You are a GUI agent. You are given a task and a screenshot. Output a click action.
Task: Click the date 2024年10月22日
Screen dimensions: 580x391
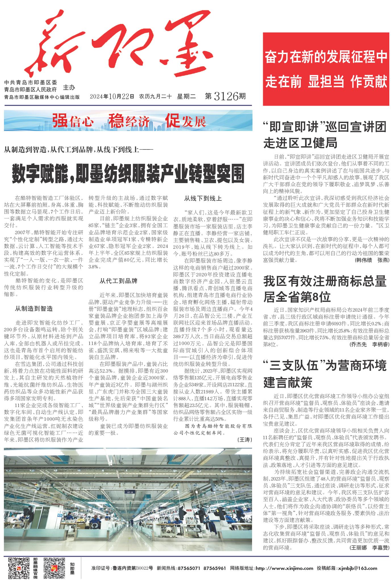coord(111,97)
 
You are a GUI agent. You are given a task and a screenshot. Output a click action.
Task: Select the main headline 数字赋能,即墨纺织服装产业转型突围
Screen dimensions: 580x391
coord(128,173)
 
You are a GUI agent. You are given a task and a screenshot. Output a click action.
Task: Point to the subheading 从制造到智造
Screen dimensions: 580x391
coord(34,308)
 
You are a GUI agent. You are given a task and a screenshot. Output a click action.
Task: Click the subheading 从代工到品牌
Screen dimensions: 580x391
coord(118,281)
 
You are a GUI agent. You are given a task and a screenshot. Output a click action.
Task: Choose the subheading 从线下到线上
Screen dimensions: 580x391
coord(203,198)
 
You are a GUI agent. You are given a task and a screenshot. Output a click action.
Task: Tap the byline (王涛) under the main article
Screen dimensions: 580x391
coord(244,440)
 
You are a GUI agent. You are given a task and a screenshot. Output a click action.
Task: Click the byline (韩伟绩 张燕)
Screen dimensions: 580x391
coord(372,260)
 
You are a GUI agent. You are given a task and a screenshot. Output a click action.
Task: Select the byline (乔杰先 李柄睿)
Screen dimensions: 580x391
coord(369,345)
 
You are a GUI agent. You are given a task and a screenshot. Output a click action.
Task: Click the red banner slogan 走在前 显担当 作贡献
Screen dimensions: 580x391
coord(326,82)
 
